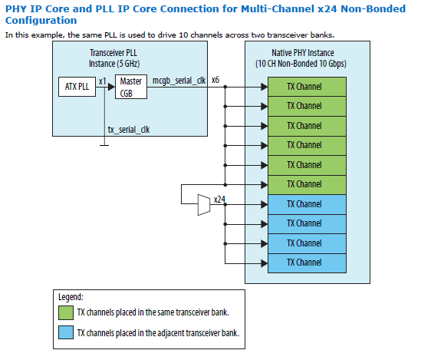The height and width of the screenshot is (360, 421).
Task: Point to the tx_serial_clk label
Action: click(x=129, y=130)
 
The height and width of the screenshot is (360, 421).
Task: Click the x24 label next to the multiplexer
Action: click(x=219, y=200)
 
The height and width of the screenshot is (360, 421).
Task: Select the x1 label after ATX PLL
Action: click(x=102, y=81)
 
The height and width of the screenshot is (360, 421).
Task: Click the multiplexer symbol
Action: click(x=203, y=204)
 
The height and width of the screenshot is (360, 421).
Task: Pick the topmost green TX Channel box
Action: click(x=304, y=86)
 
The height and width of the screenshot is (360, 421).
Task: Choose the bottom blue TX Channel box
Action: click(x=304, y=263)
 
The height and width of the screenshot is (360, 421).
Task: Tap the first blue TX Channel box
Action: click(x=304, y=204)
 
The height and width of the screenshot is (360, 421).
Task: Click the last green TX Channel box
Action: click(x=304, y=184)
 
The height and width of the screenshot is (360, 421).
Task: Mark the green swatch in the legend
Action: click(x=66, y=312)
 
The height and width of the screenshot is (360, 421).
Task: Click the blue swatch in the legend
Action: click(x=66, y=332)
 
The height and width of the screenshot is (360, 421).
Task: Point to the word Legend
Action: click(x=71, y=296)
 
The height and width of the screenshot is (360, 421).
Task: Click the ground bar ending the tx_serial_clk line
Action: click(x=105, y=142)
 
